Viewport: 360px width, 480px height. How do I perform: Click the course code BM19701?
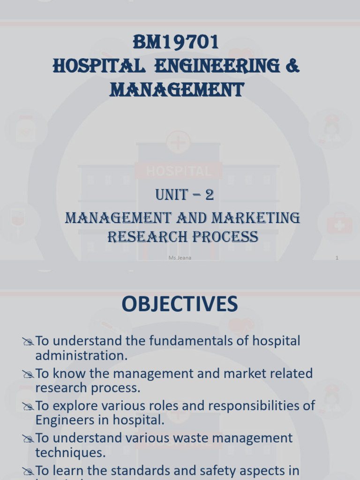[x=176, y=43]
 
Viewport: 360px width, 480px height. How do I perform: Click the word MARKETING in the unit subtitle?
[x=260, y=217]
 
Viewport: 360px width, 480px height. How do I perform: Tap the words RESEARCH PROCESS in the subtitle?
[x=183, y=237]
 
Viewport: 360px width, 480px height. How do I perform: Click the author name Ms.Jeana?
[x=180, y=258]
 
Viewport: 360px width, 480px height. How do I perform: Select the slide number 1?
[x=337, y=258]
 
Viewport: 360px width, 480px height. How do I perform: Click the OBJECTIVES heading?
[x=180, y=305]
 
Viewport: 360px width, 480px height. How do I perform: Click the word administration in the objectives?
[x=81, y=355]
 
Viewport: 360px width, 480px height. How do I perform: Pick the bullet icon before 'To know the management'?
[x=28, y=375]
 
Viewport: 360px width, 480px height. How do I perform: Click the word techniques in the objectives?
[x=70, y=453]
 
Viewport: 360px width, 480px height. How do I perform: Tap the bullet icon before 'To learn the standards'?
[x=28, y=472]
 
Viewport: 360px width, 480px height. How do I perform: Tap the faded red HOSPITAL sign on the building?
[x=178, y=171]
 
